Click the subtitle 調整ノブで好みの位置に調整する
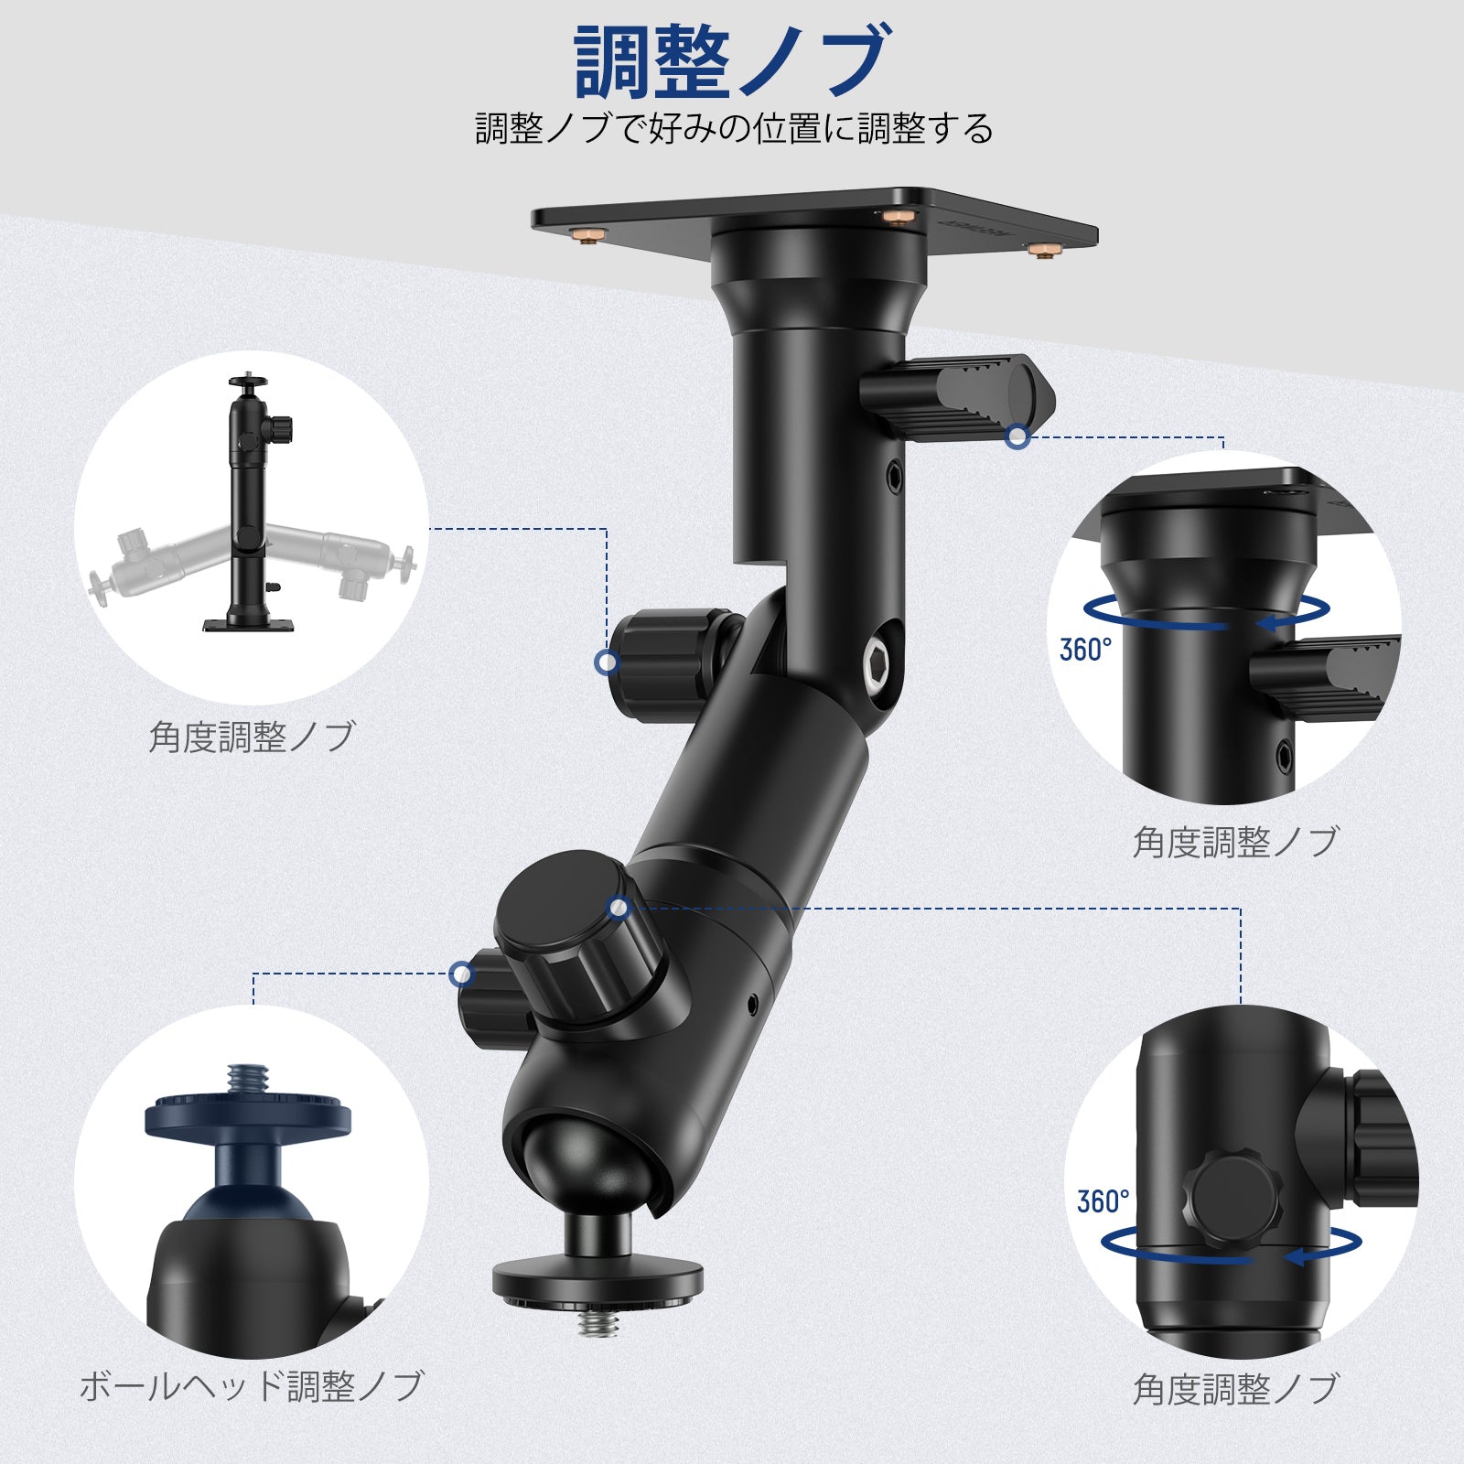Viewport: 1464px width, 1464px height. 734,129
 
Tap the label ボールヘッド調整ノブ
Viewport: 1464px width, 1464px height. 252,1386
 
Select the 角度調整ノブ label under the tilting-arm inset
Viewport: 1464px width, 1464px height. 252,737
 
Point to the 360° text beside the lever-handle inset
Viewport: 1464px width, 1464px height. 1085,650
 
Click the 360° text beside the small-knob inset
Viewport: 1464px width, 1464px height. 1103,1201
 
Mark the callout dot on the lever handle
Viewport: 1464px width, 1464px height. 1017,437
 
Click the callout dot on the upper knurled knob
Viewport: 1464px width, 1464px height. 607,662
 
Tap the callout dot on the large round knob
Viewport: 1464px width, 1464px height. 619,908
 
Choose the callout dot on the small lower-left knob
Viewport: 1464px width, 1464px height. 462,974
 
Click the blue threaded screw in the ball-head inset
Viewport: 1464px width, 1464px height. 244,1079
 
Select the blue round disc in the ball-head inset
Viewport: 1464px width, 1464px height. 247,1116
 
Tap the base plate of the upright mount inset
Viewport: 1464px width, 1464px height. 249,626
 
